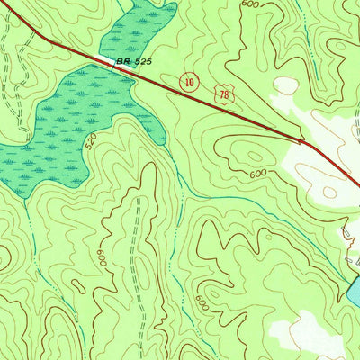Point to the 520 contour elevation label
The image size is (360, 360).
click(x=90, y=143)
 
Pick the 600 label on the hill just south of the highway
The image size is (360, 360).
click(x=258, y=172)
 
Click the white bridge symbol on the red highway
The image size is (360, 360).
click(x=100, y=60)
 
